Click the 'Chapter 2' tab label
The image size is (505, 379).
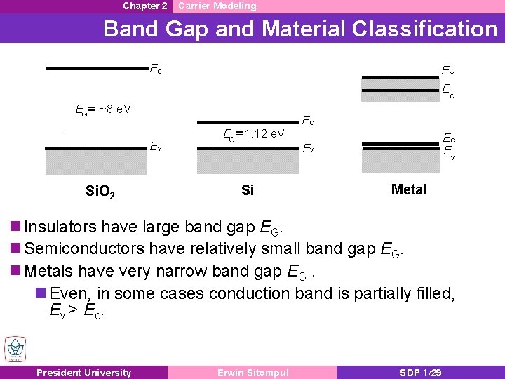pyautogui.click(x=144, y=6)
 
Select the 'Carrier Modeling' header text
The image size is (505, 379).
pyautogui.click(x=217, y=6)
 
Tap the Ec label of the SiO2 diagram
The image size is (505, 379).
pyautogui.click(x=156, y=69)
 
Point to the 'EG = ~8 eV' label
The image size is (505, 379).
pyautogui.click(x=103, y=109)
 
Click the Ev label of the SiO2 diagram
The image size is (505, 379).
pyautogui.click(x=156, y=147)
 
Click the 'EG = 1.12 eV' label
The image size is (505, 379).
pyautogui.click(x=253, y=133)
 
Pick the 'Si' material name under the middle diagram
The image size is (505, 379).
pyautogui.click(x=247, y=190)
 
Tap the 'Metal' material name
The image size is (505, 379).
pyautogui.click(x=408, y=189)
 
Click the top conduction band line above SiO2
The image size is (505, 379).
pyautogui.click(x=96, y=69)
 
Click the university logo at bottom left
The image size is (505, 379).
pyautogui.click(x=15, y=349)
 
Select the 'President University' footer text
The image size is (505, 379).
pyautogui.click(x=83, y=373)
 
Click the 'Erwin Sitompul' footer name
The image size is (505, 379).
pyautogui.click(x=252, y=373)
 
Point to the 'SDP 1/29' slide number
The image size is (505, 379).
pyautogui.click(x=419, y=373)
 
